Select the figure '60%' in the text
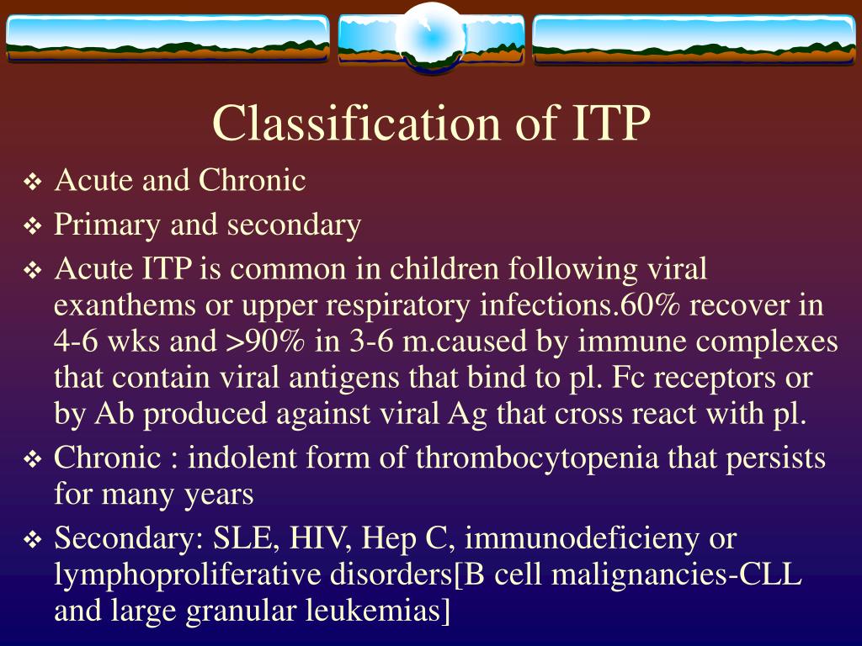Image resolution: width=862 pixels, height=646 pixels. pos(645,306)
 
